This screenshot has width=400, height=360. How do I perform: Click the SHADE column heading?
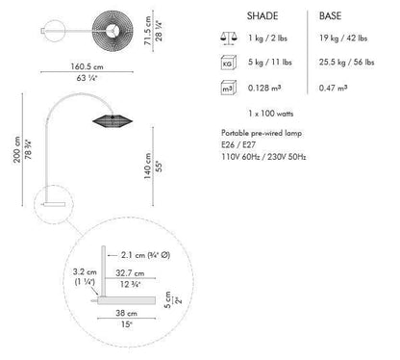(262, 16)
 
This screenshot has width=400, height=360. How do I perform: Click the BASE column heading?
(330, 16)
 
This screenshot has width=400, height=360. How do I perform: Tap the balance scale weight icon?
(229, 39)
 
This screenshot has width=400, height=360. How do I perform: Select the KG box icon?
(229, 63)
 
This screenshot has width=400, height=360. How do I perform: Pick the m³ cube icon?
(229, 88)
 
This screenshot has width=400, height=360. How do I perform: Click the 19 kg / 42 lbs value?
(343, 39)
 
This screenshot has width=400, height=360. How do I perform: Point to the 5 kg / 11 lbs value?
(270, 62)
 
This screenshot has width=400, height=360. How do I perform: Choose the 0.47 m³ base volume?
(333, 88)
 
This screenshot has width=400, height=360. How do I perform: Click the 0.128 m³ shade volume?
(264, 88)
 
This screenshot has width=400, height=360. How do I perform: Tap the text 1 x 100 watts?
(270, 114)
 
